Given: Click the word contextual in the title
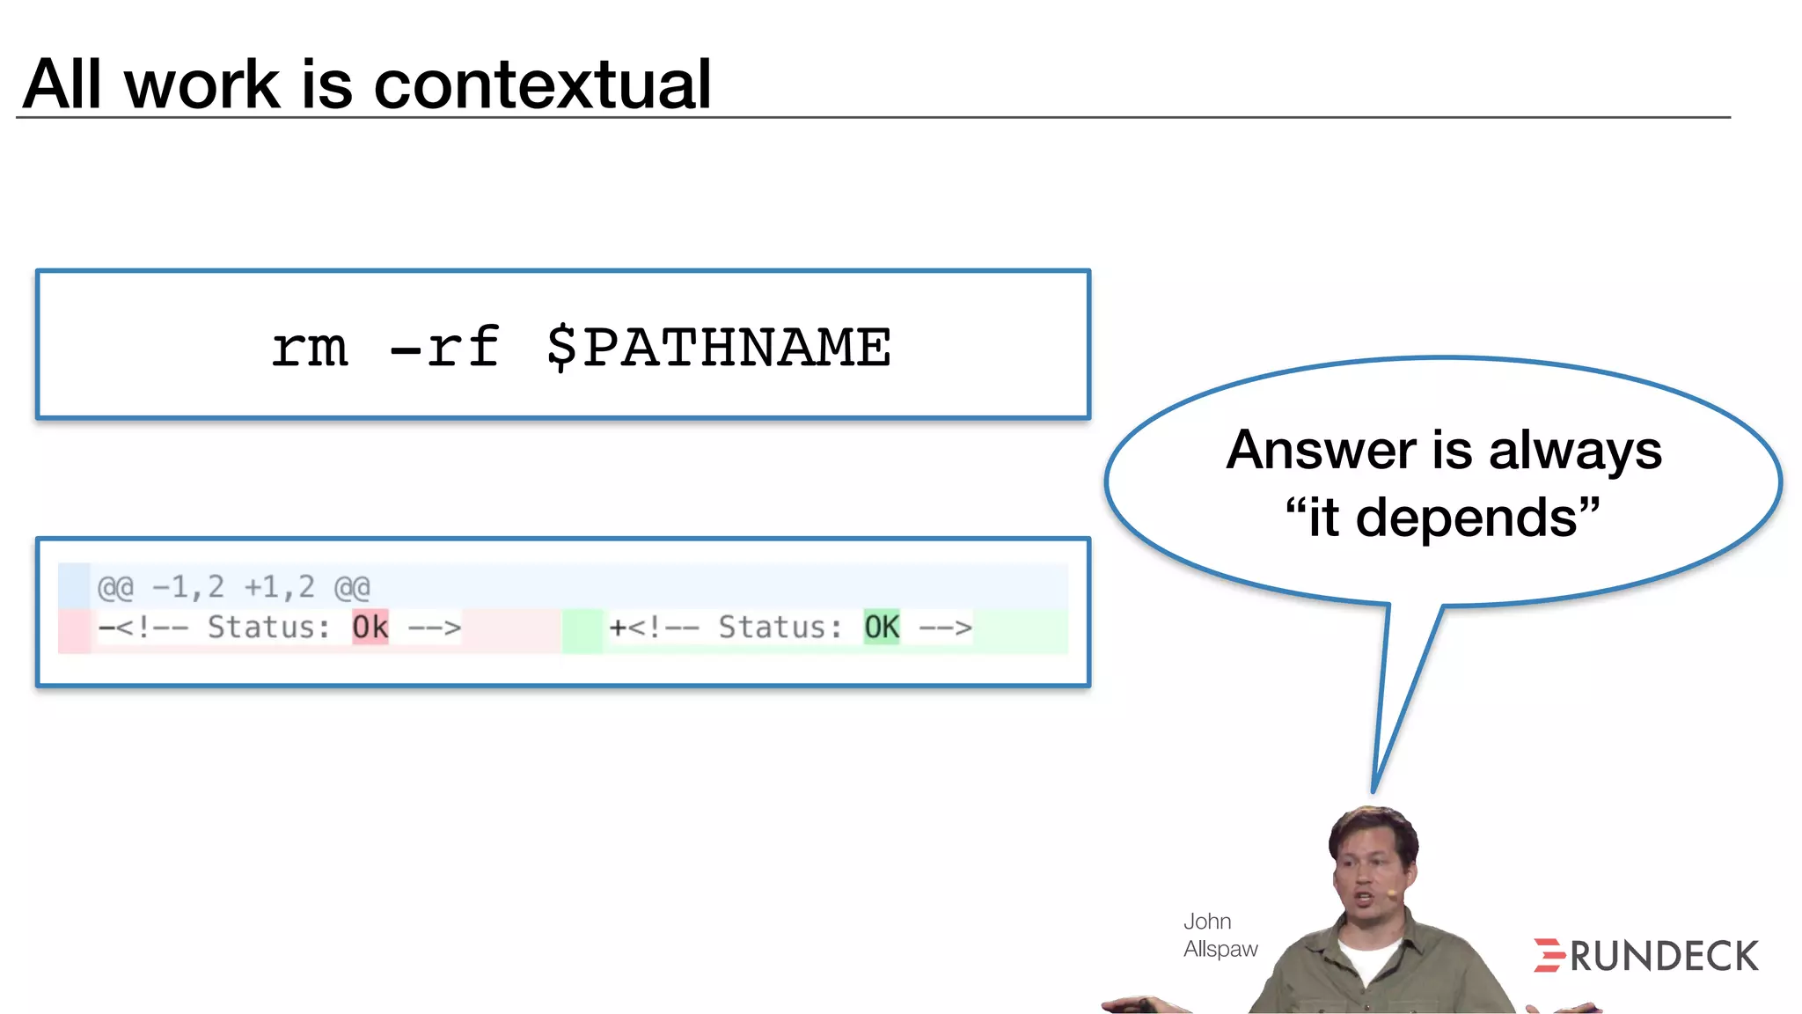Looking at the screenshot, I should [542, 84].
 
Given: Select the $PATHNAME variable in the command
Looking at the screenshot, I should [718, 347].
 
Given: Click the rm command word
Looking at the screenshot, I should [310, 349].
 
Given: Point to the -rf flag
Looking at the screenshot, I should [444, 347].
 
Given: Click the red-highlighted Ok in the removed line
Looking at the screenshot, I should [370, 628].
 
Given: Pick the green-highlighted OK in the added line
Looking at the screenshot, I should [881, 628].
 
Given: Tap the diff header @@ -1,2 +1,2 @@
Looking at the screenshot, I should [233, 587].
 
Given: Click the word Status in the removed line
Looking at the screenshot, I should [268, 628].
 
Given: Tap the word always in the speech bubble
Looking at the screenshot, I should [1575, 452].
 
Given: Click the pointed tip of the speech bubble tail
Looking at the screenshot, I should [1374, 790].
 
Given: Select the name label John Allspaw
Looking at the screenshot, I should [1220, 935].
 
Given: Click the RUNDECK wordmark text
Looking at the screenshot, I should [1664, 957].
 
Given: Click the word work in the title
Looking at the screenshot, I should [202, 84].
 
